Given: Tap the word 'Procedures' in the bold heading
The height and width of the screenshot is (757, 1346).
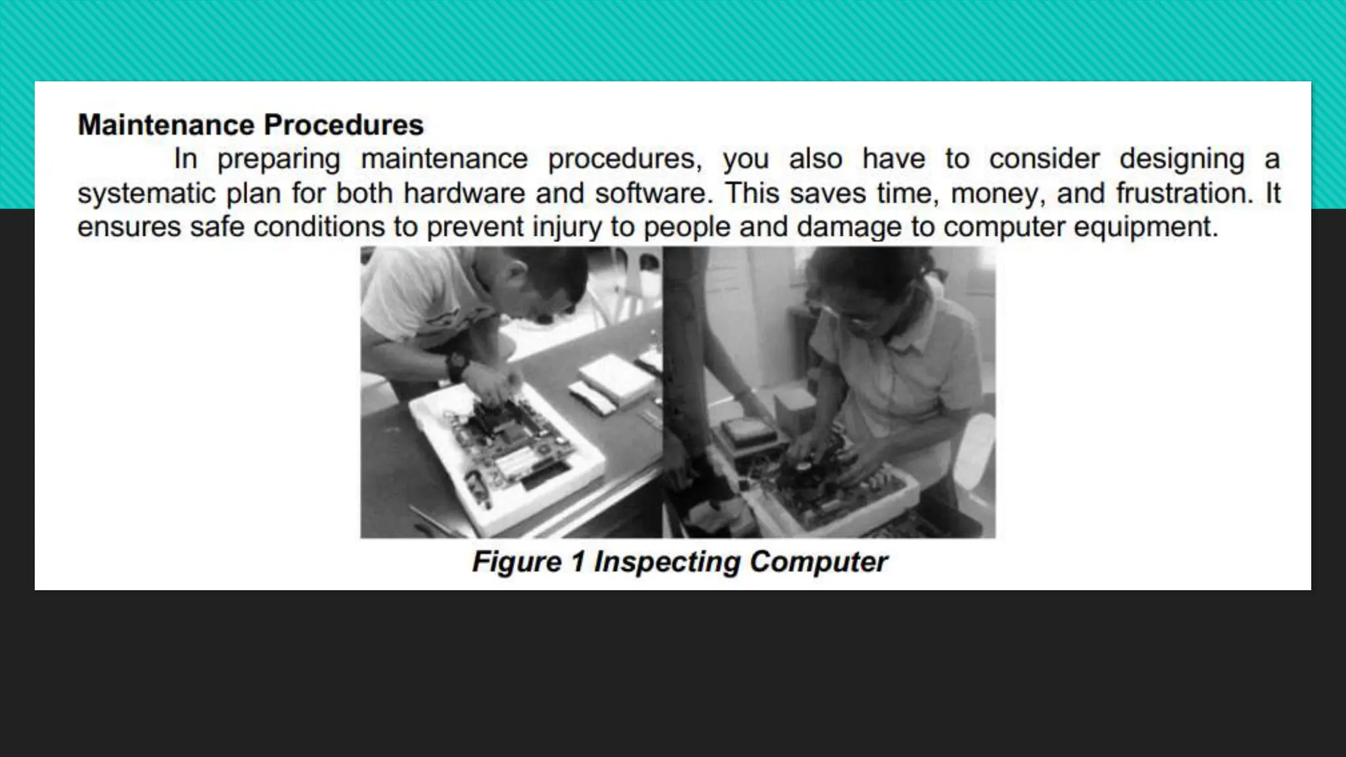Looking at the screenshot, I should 344,125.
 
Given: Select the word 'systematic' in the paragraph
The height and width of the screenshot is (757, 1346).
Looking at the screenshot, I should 146,193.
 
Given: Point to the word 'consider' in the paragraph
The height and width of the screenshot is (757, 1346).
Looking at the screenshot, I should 1044,159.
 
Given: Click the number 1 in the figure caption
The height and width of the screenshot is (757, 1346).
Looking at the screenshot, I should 578,562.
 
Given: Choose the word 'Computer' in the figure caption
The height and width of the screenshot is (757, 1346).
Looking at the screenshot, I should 818,562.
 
